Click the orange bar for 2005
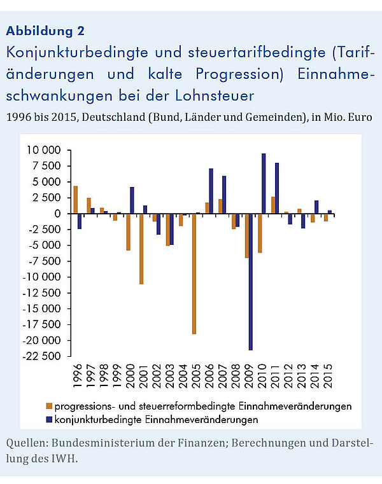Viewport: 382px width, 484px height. [194, 273]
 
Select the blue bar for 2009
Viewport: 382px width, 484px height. [251, 282]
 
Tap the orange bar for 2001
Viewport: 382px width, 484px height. [141, 249]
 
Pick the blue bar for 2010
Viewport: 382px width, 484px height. [264, 183]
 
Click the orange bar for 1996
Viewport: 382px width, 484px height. [75, 200]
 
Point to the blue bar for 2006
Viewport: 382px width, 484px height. [211, 191]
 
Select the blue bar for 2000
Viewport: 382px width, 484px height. [132, 200]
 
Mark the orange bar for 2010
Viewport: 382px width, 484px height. [260, 233]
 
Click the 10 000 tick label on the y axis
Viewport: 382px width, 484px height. [43, 150]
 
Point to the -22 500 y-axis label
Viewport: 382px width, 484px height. [42, 356]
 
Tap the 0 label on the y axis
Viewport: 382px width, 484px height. [57, 214]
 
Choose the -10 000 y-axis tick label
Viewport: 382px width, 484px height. [42, 277]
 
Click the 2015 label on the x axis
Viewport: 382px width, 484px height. [329, 376]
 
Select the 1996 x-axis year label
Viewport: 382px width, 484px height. [78, 376]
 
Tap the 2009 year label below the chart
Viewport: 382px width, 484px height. [249, 376]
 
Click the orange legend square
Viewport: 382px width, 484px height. [49, 406]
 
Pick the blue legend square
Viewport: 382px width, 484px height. [49, 420]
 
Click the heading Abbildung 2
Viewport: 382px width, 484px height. [45, 31]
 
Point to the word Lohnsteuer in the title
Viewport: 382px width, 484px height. [215, 95]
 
